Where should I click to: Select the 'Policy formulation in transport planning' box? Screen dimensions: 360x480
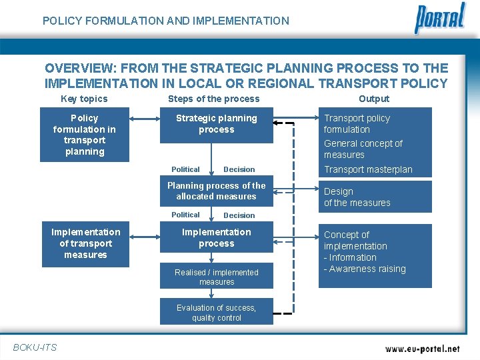pos(85,135)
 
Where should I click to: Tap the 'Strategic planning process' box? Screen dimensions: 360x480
pos(216,125)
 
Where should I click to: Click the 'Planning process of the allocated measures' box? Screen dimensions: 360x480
pos(216,191)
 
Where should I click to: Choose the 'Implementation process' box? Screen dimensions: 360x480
pos(216,238)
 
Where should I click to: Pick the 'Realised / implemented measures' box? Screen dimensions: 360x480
pos(216,277)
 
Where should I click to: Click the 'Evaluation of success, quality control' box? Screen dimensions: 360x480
pos(216,312)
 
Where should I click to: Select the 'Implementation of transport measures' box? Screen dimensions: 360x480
pos(85,243)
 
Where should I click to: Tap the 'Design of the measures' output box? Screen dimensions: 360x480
pos(375,197)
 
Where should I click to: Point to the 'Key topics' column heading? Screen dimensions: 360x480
pos(84,99)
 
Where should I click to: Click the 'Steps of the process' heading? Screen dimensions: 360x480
pos(213,99)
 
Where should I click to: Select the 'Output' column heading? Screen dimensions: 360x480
pos(374,99)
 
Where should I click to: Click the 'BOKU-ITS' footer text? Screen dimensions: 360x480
pos(35,347)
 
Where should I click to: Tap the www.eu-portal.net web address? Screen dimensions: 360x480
pos(423,348)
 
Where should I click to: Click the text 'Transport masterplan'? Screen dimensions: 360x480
pos(368,169)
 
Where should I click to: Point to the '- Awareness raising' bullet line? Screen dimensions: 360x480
pos(365,269)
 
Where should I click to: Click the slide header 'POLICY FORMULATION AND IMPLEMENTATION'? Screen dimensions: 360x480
pos(166,21)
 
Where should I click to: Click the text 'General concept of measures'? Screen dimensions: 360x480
pos(363,149)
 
